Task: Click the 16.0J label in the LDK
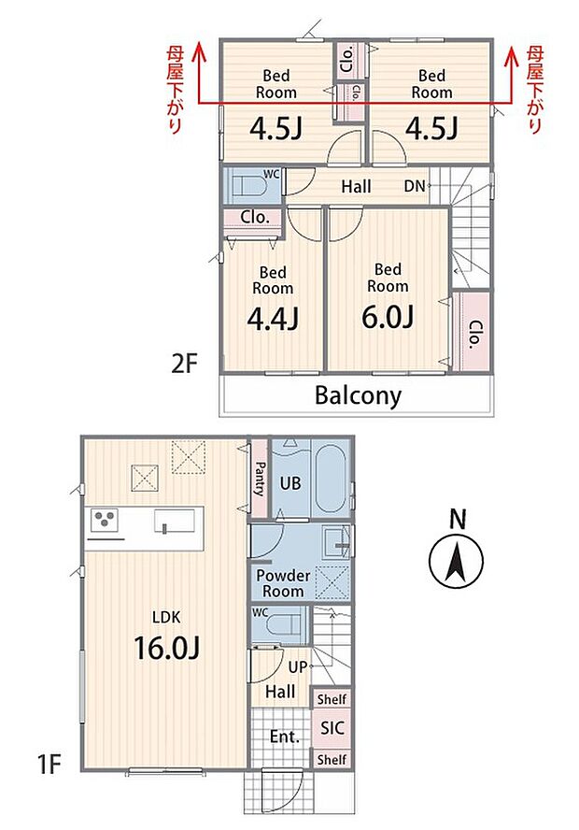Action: point(166,648)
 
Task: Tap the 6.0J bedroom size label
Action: point(387,317)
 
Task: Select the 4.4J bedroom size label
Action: point(273,319)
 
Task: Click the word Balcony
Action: point(358,395)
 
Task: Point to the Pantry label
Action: point(260,479)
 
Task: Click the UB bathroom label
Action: point(290,482)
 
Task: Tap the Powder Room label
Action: point(283,583)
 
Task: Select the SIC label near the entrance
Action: point(332,728)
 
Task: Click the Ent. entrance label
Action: point(285,737)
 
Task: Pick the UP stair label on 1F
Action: point(298,667)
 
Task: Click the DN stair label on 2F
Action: point(415,186)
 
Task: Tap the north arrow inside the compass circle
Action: point(456,564)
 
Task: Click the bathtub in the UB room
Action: point(331,478)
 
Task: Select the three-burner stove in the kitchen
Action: point(105,521)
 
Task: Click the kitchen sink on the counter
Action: point(175,521)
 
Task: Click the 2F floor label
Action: point(184,364)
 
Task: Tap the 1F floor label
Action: point(49,764)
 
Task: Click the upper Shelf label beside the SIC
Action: point(332,699)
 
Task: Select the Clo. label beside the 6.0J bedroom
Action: point(474,334)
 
